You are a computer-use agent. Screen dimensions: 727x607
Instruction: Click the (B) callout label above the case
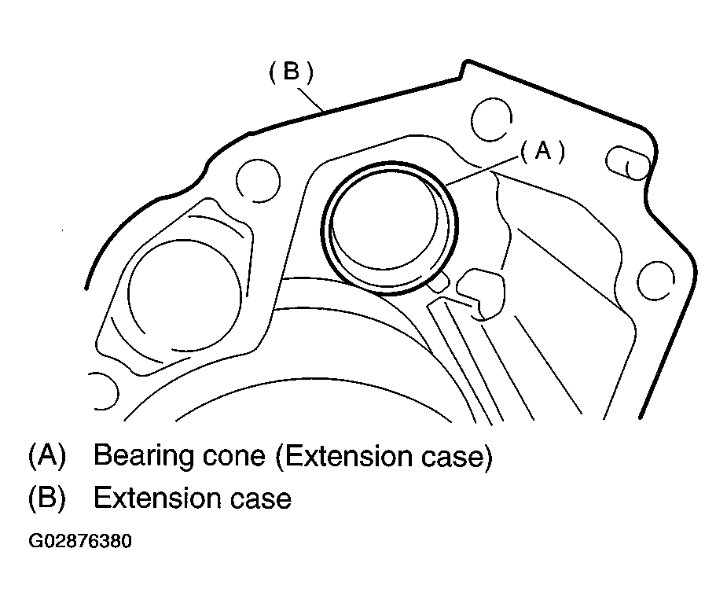point(291,72)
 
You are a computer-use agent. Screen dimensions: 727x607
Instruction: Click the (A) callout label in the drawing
point(543,151)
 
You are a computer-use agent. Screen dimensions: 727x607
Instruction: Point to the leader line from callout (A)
point(483,171)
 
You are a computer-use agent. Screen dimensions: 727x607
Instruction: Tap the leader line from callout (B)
point(310,99)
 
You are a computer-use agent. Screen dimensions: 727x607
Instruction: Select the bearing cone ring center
point(390,229)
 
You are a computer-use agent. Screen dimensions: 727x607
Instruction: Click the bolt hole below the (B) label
point(258,181)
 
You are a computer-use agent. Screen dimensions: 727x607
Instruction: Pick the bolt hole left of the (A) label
point(491,120)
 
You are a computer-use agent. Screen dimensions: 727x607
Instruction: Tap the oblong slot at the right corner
point(628,163)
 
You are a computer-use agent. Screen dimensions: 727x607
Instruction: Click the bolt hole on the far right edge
point(655,280)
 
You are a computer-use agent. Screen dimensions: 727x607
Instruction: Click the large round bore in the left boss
point(184,295)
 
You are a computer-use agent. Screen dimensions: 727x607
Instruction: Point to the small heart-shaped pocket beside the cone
point(481,293)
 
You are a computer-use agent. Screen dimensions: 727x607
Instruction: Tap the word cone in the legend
point(234,457)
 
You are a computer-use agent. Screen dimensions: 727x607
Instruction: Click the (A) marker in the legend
point(47,455)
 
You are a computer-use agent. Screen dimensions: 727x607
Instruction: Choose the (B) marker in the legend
point(47,498)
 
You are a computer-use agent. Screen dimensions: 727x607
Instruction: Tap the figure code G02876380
point(80,541)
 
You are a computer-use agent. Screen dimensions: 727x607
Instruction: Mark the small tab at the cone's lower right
point(439,282)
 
